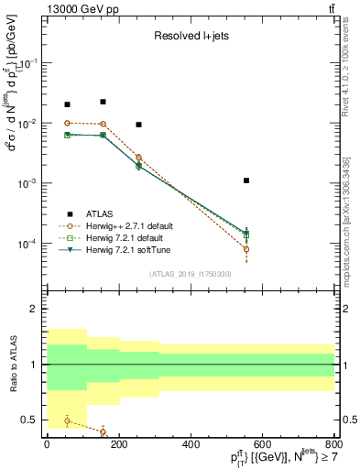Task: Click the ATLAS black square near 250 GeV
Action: (x=138, y=125)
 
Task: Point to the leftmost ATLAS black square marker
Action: (x=67, y=104)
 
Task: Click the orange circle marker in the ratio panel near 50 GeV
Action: (x=67, y=420)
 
